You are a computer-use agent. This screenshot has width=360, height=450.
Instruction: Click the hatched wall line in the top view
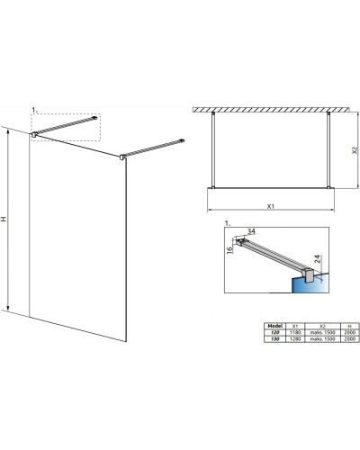point(270,107)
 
